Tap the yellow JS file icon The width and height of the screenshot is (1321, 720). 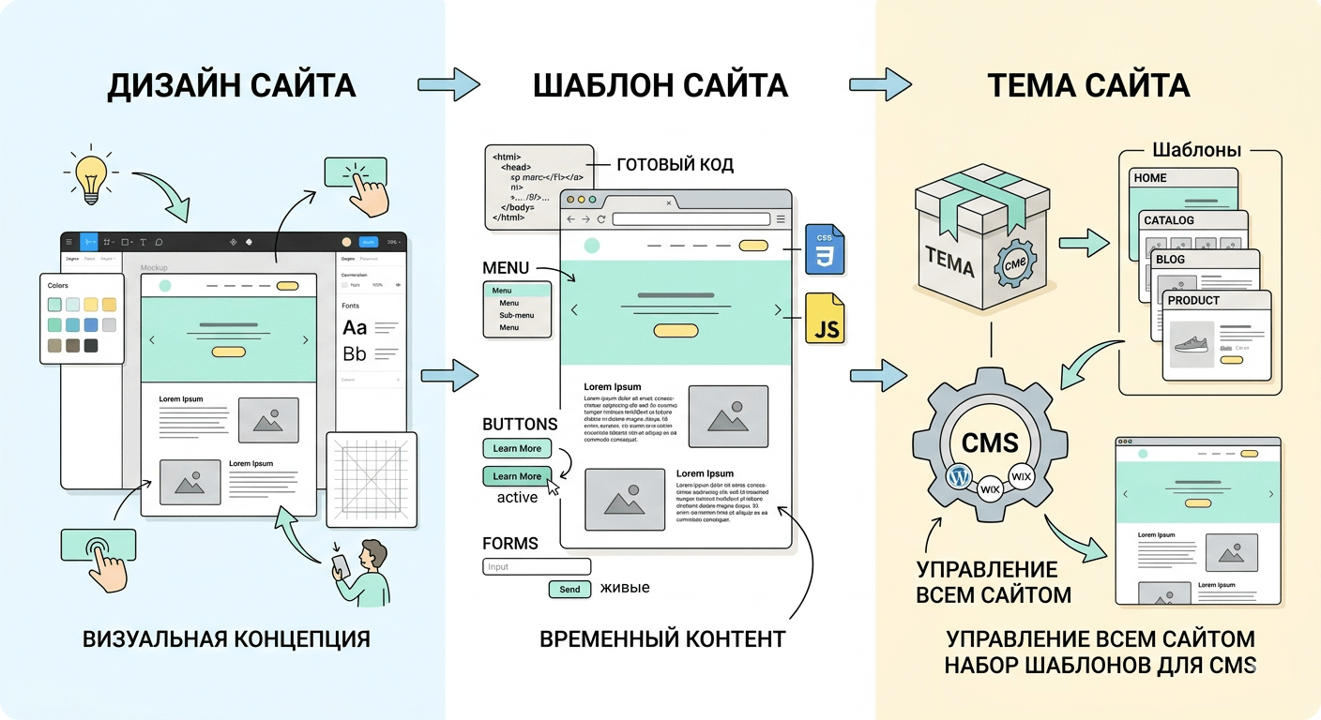pos(825,319)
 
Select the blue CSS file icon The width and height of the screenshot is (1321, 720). pos(825,249)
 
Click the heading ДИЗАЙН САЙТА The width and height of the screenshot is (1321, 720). pos(232,85)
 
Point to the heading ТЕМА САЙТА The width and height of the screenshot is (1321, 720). pos(1088,85)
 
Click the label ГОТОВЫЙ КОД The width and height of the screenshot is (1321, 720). pos(675,165)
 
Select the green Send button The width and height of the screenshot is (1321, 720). pos(569,590)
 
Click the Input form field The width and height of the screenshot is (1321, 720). pos(537,566)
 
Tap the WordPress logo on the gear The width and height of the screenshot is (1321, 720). pos(958,476)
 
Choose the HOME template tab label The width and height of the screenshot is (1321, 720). pos(1150,177)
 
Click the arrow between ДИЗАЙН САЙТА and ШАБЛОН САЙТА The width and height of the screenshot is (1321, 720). pos(448,84)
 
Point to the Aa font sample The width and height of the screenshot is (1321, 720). pos(355,327)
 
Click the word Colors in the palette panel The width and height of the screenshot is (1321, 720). pos(58,285)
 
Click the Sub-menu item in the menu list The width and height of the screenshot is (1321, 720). pos(516,316)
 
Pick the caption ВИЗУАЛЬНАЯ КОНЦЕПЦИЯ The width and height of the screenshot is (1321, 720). pos(226,639)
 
